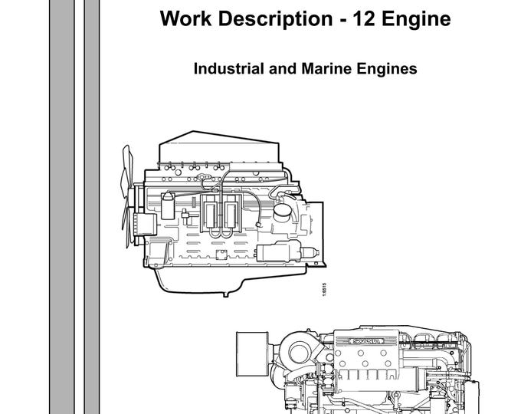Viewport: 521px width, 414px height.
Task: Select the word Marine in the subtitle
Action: [323, 68]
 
